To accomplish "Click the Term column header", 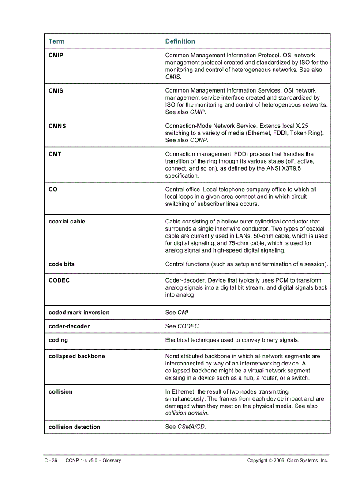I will [56, 41].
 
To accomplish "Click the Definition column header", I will [180, 41].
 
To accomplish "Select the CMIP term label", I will [56, 56].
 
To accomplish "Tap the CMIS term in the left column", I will [56, 91].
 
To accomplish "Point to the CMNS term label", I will [57, 126].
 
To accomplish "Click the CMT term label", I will [55, 154].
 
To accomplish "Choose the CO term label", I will [53, 190].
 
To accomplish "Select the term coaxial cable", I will [67, 222].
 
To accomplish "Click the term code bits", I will [61, 264].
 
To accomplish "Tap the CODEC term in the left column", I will [59, 280].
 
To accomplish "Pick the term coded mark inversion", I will [79, 313].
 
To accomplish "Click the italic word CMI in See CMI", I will [183, 313].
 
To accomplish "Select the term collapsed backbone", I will [76, 356].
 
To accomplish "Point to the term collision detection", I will [74, 427].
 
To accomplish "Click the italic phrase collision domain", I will [186, 413].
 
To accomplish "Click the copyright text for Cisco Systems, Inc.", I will [288, 461].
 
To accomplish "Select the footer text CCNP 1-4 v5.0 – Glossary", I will [93, 461].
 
